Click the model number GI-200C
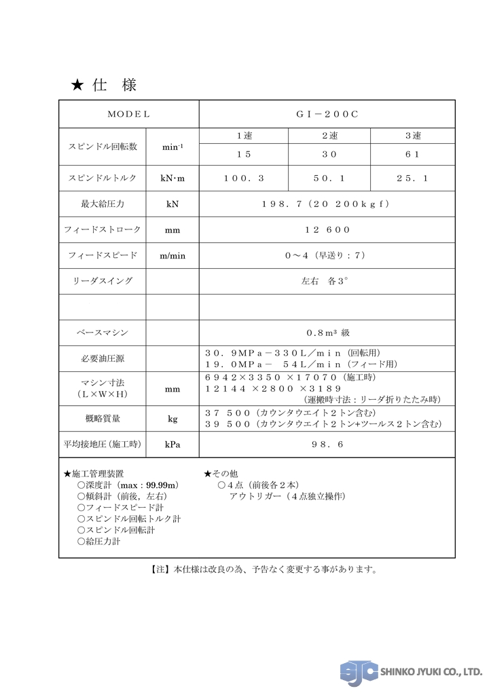327,114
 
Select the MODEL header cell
128,114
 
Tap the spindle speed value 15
244,154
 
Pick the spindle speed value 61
412,154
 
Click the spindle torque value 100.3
244,179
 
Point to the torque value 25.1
412,179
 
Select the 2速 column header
329,136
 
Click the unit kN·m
172,179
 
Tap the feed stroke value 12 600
327,230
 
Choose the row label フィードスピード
103,255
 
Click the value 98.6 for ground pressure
327,445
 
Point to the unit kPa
172,445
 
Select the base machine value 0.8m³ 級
327,333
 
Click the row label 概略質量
103,419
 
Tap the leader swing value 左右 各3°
327,281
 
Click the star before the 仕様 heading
77,86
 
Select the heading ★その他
221,474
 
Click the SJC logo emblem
359,672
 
